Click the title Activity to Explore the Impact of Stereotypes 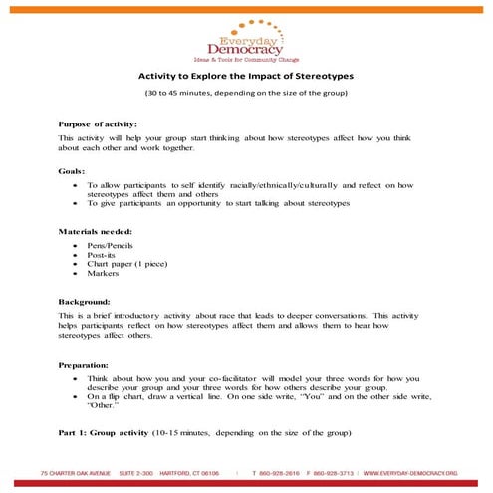(x=245, y=75)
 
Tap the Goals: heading (x=72, y=170)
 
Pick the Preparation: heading (x=86, y=365)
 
